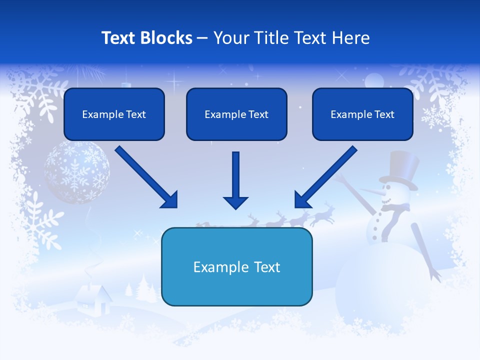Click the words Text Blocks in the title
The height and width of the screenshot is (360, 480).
(x=146, y=38)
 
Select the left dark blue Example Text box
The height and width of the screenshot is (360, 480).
(x=114, y=114)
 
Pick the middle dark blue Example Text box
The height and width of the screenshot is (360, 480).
(x=236, y=114)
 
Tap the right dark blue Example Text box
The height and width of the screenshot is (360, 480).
(x=362, y=114)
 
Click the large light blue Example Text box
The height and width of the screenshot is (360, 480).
(x=236, y=267)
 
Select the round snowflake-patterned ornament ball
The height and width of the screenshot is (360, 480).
(x=77, y=171)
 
